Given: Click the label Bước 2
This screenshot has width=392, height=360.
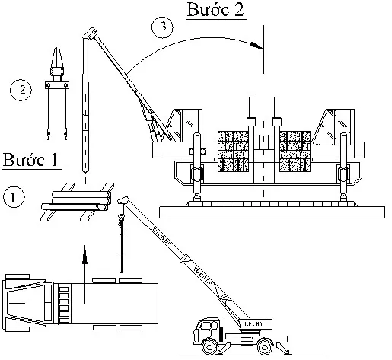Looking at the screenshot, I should (x=216, y=11).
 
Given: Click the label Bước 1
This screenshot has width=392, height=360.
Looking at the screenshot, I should (x=31, y=161).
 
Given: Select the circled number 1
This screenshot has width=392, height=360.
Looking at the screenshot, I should (x=14, y=197).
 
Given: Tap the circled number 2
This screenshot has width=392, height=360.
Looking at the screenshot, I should (x=21, y=91).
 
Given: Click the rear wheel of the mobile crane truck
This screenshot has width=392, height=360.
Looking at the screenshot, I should (x=265, y=347).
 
